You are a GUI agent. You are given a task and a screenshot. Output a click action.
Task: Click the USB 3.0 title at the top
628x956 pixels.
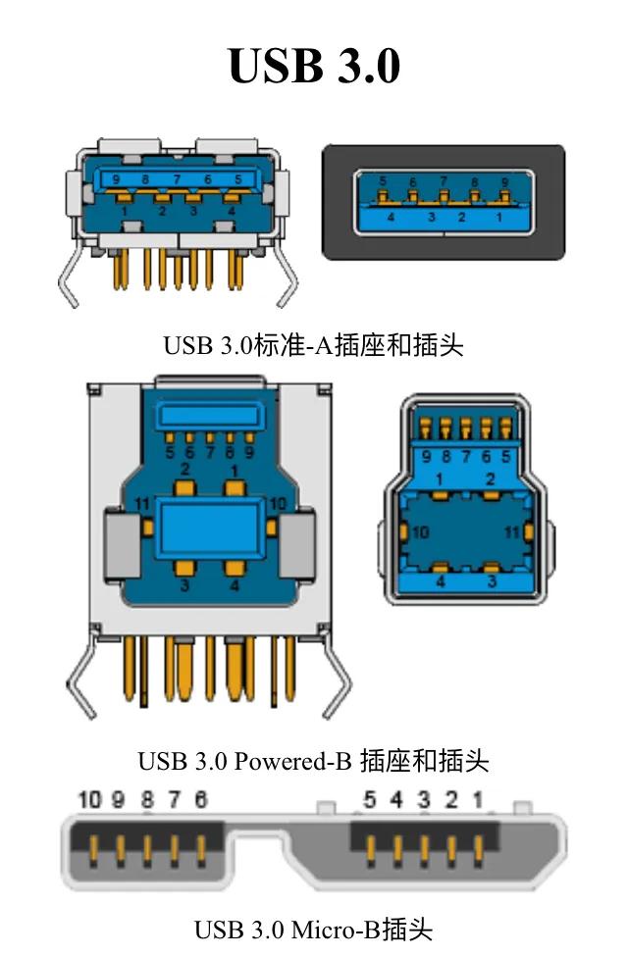click(x=314, y=66)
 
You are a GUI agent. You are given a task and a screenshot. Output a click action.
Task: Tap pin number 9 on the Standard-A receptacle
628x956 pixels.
click(x=117, y=179)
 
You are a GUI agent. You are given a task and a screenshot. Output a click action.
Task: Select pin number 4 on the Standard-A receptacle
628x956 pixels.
click(x=232, y=210)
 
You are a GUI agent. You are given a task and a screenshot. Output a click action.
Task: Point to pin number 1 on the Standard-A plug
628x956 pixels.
click(x=497, y=218)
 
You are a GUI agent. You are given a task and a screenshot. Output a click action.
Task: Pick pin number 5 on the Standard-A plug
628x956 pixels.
click(x=382, y=181)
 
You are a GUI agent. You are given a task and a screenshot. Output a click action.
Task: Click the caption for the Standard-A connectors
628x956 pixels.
click(x=313, y=344)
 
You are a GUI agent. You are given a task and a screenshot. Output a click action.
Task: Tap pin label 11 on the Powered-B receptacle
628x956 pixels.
click(x=142, y=504)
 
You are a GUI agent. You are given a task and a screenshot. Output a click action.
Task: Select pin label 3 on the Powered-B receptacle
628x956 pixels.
click(x=183, y=585)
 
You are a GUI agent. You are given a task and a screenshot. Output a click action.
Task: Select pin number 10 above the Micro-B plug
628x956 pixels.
click(x=89, y=800)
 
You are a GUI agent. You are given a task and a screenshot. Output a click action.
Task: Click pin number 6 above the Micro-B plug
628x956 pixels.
click(x=201, y=800)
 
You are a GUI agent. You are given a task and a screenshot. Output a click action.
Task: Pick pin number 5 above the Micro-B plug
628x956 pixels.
click(x=370, y=800)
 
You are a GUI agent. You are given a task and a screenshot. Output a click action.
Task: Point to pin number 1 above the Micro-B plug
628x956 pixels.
click(x=477, y=800)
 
